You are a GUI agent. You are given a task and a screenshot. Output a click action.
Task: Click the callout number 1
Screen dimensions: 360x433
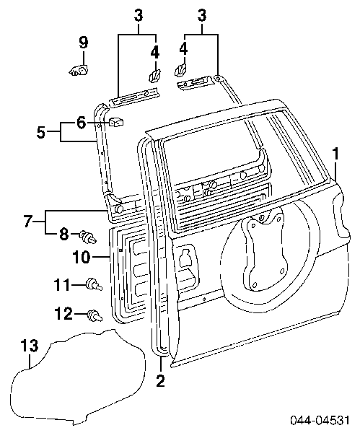(x=335, y=154)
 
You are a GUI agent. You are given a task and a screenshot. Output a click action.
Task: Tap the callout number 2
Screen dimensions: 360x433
(x=160, y=381)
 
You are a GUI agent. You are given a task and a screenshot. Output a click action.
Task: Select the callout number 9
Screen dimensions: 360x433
(x=83, y=43)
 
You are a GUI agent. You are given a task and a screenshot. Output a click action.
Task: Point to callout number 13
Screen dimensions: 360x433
(x=30, y=346)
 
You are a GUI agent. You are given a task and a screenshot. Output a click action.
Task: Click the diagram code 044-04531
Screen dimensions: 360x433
(x=320, y=420)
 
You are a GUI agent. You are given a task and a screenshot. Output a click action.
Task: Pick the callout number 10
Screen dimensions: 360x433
(x=82, y=257)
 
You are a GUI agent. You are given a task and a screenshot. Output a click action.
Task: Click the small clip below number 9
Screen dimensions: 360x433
(x=79, y=71)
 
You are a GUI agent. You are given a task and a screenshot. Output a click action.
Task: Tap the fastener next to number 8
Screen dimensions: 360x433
(x=88, y=237)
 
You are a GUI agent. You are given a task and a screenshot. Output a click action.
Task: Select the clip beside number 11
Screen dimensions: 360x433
(x=94, y=284)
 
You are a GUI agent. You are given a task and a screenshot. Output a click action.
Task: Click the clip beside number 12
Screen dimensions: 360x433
(x=95, y=315)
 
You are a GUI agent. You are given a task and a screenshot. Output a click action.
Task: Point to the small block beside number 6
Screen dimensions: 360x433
(x=116, y=122)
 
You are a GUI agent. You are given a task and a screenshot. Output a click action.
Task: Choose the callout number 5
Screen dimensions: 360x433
(x=41, y=133)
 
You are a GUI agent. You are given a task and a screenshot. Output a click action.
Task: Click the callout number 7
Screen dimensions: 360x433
(x=27, y=222)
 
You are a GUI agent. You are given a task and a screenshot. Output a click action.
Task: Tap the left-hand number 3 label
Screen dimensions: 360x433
(x=139, y=15)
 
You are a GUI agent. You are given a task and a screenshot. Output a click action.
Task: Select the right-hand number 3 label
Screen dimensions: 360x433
(x=202, y=15)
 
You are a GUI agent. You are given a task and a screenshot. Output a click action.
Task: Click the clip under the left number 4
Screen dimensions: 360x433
(x=154, y=75)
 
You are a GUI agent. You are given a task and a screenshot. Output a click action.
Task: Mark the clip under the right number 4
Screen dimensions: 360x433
(x=180, y=69)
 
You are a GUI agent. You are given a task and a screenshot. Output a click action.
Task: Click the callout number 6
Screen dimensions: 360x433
(x=81, y=123)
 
